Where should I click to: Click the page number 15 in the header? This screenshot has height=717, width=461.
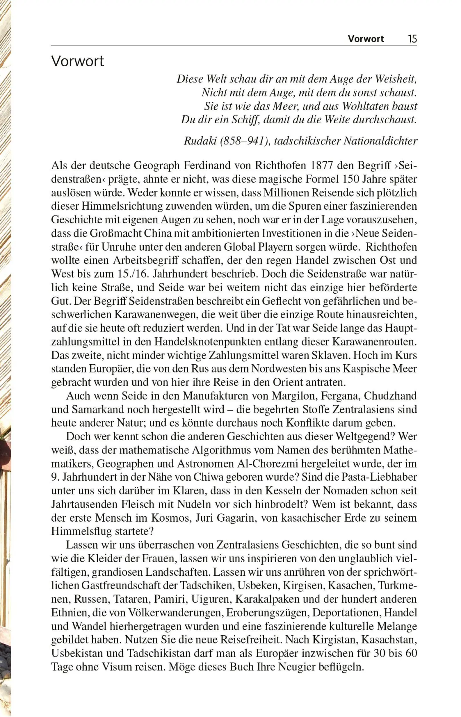(x=412, y=39)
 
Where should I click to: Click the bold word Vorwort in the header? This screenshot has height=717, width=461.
(x=366, y=39)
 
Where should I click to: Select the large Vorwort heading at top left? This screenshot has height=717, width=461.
(x=77, y=61)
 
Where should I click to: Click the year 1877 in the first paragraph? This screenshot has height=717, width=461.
(x=323, y=165)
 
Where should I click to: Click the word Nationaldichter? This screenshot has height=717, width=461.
(x=380, y=141)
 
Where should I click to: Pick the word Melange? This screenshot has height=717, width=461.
(x=396, y=626)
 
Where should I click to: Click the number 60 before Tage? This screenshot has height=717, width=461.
(x=411, y=653)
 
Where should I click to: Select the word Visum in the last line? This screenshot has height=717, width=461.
(x=117, y=667)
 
